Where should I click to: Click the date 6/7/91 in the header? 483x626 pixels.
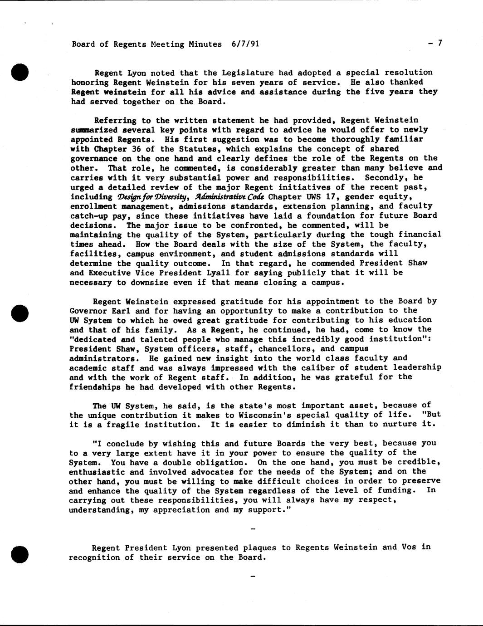point(245,44)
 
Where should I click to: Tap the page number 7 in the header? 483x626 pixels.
point(439,43)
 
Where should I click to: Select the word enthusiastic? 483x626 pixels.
point(94,472)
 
